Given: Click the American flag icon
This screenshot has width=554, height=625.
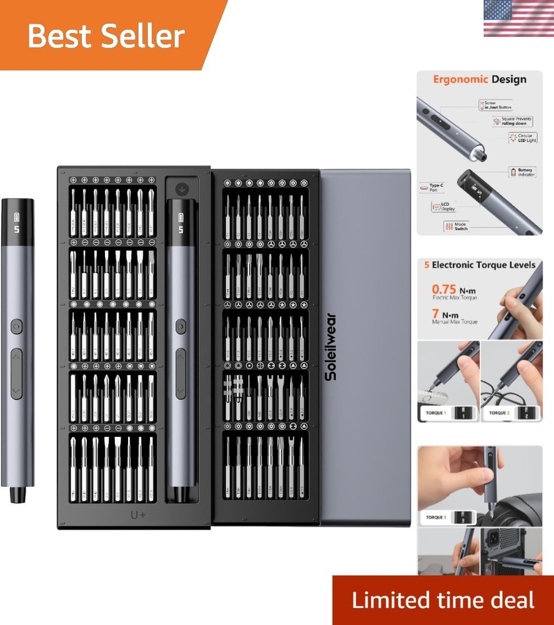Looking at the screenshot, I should [x=518, y=18].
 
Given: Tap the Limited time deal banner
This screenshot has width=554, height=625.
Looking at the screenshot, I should [x=443, y=600].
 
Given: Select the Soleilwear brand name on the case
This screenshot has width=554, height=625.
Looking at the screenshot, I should [x=330, y=346].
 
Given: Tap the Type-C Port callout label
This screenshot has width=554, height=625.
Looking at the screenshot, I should [x=432, y=186].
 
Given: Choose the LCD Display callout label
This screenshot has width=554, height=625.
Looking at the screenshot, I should [x=444, y=207].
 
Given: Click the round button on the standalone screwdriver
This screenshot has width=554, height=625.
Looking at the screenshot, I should [x=16, y=326].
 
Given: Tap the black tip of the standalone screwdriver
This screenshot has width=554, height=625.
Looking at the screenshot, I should [x=17, y=494].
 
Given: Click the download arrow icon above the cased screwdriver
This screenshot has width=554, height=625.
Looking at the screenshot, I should [x=182, y=187].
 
